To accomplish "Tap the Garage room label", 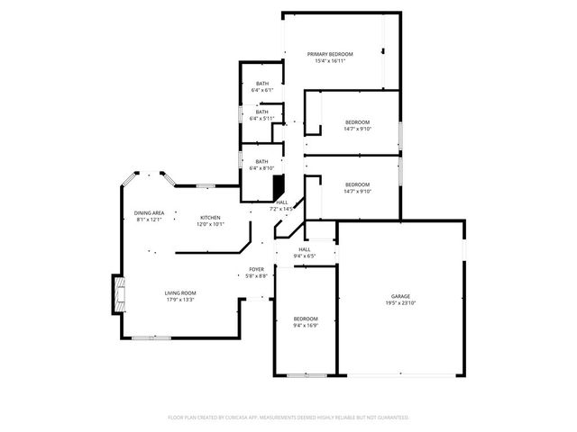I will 400,296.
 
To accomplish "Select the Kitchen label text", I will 210,217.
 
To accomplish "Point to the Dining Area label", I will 149,212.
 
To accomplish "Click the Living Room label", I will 180,292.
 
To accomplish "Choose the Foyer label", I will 257,269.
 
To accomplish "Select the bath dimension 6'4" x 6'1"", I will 261,90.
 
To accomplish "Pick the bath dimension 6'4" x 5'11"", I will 261,119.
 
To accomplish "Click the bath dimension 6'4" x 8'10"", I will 261,168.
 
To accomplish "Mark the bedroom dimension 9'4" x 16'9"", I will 306,326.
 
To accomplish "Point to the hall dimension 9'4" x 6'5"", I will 305,256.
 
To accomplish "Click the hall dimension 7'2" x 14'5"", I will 282,209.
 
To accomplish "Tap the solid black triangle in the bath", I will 279,186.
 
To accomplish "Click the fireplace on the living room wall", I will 117,294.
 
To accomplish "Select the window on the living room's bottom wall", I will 145,338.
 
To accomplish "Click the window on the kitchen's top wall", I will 206,185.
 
